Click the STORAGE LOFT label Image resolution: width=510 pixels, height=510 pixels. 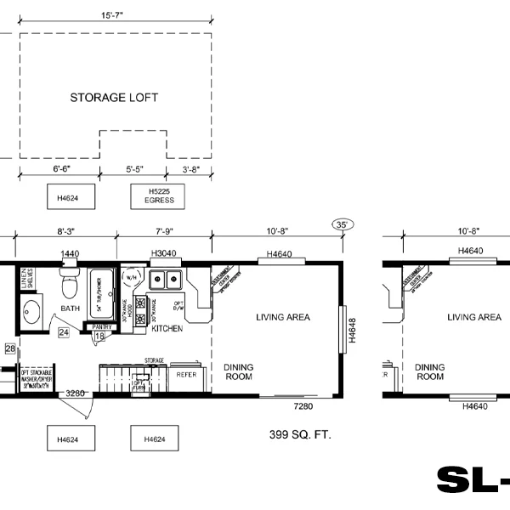114,98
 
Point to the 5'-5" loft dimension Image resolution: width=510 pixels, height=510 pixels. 133,170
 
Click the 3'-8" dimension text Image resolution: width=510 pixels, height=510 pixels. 190,170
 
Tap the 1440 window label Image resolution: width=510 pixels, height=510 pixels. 69,253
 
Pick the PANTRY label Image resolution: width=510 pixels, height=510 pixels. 102,326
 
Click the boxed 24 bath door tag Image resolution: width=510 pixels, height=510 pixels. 64,332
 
